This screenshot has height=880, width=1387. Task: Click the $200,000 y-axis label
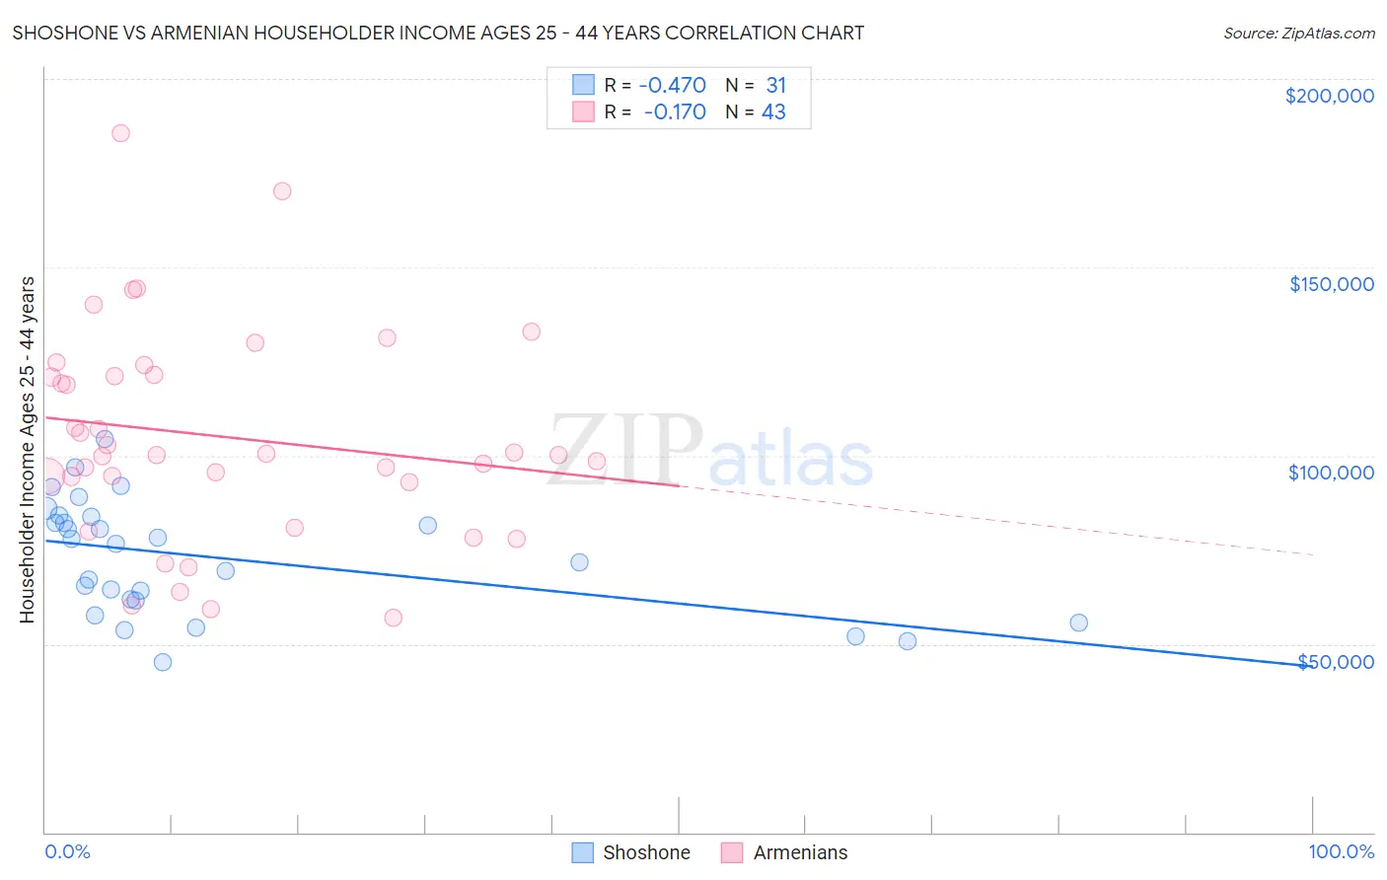[x=1329, y=96]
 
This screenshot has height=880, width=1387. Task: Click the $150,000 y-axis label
[x=1331, y=284]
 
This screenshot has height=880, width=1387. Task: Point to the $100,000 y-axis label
[x=1331, y=473]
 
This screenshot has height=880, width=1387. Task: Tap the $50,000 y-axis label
[x=1336, y=662]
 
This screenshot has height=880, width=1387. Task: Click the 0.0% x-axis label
[x=67, y=851]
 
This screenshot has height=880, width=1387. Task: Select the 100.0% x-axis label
[x=1341, y=851]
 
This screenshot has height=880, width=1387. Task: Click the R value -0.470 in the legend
[x=672, y=86]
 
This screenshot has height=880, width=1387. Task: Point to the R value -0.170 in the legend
[x=675, y=112]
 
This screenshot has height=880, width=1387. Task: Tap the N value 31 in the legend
[x=775, y=86]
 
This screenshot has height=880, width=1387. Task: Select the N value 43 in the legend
[x=773, y=112]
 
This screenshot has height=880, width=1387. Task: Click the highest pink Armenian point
[x=120, y=133]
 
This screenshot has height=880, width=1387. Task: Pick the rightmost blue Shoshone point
[x=1078, y=623]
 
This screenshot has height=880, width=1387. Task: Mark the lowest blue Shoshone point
[x=163, y=662]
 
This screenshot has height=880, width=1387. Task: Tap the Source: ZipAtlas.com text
[x=1298, y=34]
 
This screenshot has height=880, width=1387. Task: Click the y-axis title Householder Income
[x=28, y=449]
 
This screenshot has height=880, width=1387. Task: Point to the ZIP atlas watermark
[x=710, y=452]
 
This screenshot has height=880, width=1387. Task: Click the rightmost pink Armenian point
[x=596, y=461]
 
